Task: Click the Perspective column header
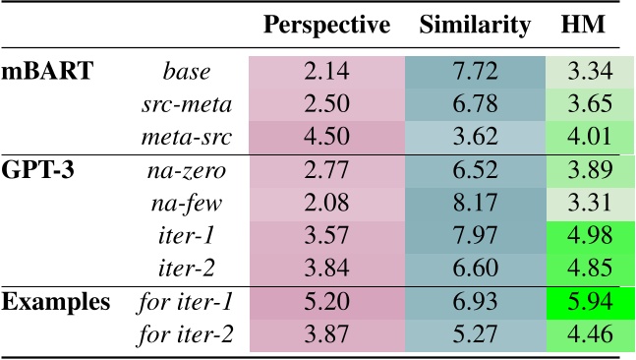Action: (x=326, y=25)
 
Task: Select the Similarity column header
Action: (x=476, y=25)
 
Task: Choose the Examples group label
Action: (x=56, y=302)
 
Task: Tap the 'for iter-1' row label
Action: (x=187, y=302)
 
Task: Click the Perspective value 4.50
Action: (x=326, y=137)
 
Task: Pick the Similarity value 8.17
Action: (x=476, y=204)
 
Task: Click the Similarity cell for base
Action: (x=476, y=72)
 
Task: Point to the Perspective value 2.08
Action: (x=326, y=204)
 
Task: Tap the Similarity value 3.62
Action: (x=476, y=137)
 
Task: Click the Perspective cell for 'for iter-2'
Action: (x=326, y=334)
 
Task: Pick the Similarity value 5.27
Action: (x=476, y=334)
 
